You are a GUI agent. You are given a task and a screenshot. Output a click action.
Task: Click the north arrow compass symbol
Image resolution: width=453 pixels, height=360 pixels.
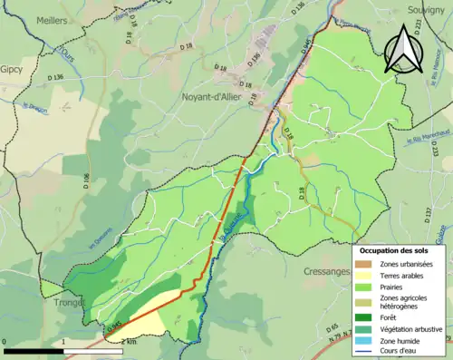(x=405, y=50)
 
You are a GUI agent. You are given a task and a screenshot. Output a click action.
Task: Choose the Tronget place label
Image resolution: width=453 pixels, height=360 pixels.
(x=70, y=303)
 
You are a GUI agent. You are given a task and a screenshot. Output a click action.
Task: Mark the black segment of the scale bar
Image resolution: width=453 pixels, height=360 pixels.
(x=34, y=350)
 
